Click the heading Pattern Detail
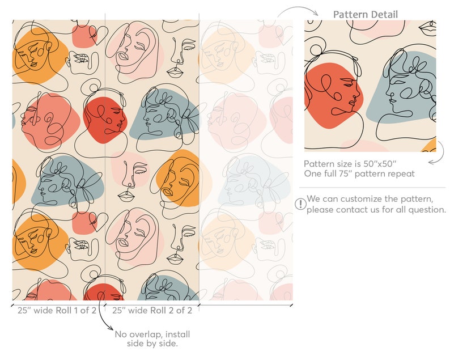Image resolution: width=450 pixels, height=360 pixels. (365, 14)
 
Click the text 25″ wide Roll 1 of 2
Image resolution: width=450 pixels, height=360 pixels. (56, 310)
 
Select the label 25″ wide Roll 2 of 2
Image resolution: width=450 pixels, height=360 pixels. (151, 310)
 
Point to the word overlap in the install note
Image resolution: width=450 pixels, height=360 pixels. (147, 334)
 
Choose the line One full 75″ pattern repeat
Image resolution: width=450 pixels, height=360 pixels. (359, 173)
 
